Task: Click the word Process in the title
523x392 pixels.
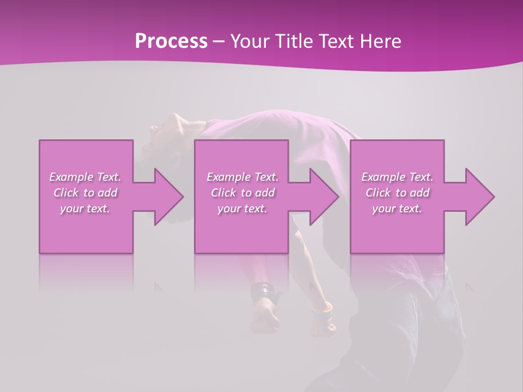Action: [171, 41]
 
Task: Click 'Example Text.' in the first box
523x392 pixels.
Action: [85, 177]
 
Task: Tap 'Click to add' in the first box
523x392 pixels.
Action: [85, 193]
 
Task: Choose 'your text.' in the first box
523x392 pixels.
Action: [85, 209]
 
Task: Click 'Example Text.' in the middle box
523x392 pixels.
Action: [242, 177]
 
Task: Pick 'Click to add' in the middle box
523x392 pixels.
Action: [242, 193]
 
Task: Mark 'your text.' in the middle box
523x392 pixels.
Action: [242, 209]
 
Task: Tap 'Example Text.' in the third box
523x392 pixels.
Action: [397, 177]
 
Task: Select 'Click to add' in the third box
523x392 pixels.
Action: [397, 193]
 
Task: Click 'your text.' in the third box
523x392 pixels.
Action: [397, 209]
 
